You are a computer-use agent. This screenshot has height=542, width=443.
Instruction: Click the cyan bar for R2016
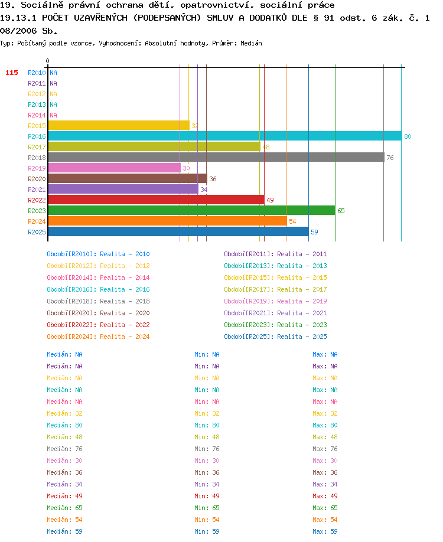pyautogui.click(x=225, y=136)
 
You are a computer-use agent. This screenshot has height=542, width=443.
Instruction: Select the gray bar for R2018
pyautogui.click(x=216, y=157)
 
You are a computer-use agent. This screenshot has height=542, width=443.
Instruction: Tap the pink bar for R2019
pyautogui.click(x=115, y=168)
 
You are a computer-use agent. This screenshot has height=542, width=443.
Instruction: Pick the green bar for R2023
pyautogui.click(x=191, y=210)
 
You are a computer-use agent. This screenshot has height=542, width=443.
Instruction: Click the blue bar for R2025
pyautogui.click(x=178, y=231)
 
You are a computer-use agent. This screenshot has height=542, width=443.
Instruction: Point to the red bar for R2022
pyautogui.click(x=157, y=200)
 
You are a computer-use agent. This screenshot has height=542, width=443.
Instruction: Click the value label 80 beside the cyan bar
pyautogui.click(x=408, y=136)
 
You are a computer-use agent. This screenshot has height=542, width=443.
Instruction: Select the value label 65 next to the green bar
pyautogui.click(x=341, y=211)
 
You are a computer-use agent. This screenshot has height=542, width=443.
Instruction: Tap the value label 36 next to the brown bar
pyautogui.click(x=213, y=179)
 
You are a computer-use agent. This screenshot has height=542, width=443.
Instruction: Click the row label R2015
pyautogui.click(x=37, y=126)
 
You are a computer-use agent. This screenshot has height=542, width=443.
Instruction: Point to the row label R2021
pyautogui.click(x=37, y=190)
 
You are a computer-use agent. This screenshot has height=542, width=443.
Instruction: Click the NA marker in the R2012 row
pyautogui.click(x=53, y=94)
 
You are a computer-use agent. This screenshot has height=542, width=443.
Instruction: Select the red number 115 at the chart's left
pyautogui.click(x=12, y=73)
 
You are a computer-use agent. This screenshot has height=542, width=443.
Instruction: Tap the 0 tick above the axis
pyautogui.click(x=47, y=61)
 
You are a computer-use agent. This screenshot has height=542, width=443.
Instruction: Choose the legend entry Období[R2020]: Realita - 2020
pyautogui.click(x=98, y=313)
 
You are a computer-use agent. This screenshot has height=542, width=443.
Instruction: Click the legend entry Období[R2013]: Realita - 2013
pyautogui.click(x=275, y=266)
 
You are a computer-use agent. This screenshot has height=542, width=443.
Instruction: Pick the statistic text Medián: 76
pyautogui.click(x=64, y=449)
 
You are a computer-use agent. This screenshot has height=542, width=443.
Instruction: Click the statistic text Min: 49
pyautogui.click(x=207, y=496)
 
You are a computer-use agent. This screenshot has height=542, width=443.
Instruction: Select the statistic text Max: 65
pyautogui.click(x=325, y=508)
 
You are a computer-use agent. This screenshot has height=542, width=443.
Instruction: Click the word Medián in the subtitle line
pyautogui.click(x=251, y=43)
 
